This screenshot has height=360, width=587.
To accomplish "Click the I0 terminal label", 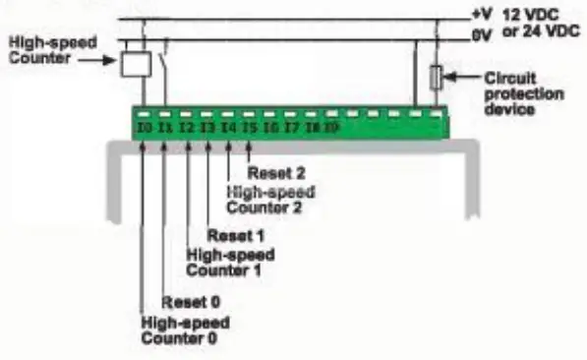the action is (145, 128).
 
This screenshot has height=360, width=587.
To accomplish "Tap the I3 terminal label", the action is (207, 128).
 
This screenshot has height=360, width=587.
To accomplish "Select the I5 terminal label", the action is (250, 128).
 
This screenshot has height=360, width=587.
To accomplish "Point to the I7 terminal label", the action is (291, 128).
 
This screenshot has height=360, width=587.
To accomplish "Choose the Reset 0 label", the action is (188, 301).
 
